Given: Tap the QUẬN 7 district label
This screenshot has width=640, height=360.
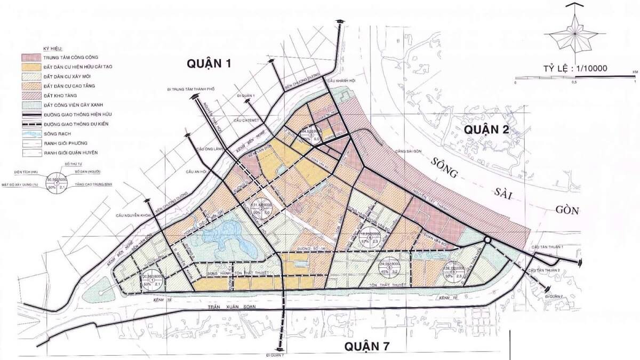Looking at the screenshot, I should (x=366, y=347).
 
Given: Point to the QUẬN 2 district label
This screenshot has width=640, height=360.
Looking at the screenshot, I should (x=486, y=130).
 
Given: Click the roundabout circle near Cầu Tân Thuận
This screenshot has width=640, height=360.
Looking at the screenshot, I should (x=487, y=241).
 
